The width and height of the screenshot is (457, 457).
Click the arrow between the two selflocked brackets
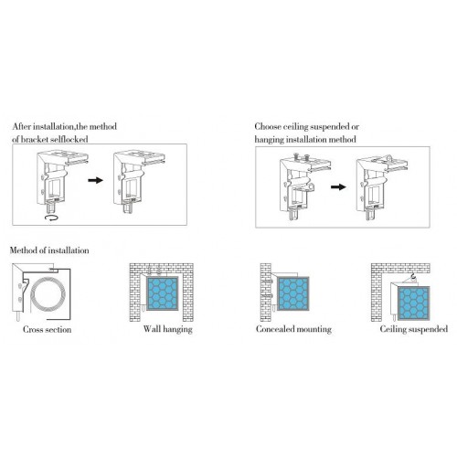(x=95, y=180)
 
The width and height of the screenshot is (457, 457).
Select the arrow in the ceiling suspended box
(x=338, y=186)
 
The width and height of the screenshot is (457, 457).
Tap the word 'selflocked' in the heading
(x=69, y=140)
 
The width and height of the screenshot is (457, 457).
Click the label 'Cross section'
(x=48, y=329)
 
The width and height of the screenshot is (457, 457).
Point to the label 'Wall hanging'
(x=168, y=329)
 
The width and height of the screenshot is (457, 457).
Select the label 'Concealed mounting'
(x=293, y=329)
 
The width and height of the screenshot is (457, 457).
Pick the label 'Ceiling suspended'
(x=414, y=329)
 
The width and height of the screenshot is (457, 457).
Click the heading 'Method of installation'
(x=49, y=250)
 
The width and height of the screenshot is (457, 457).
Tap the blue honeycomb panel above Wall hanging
(x=163, y=293)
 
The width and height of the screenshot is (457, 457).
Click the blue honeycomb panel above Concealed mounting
(x=293, y=293)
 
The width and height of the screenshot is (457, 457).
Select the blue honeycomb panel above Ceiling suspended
(x=414, y=303)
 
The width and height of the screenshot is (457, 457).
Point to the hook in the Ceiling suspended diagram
(x=413, y=277)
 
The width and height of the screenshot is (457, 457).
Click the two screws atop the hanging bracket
(x=301, y=157)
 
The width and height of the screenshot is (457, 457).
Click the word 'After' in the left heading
(x=22, y=126)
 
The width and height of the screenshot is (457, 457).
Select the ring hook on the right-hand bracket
(x=388, y=158)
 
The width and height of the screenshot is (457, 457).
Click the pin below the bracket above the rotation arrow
(x=51, y=207)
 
